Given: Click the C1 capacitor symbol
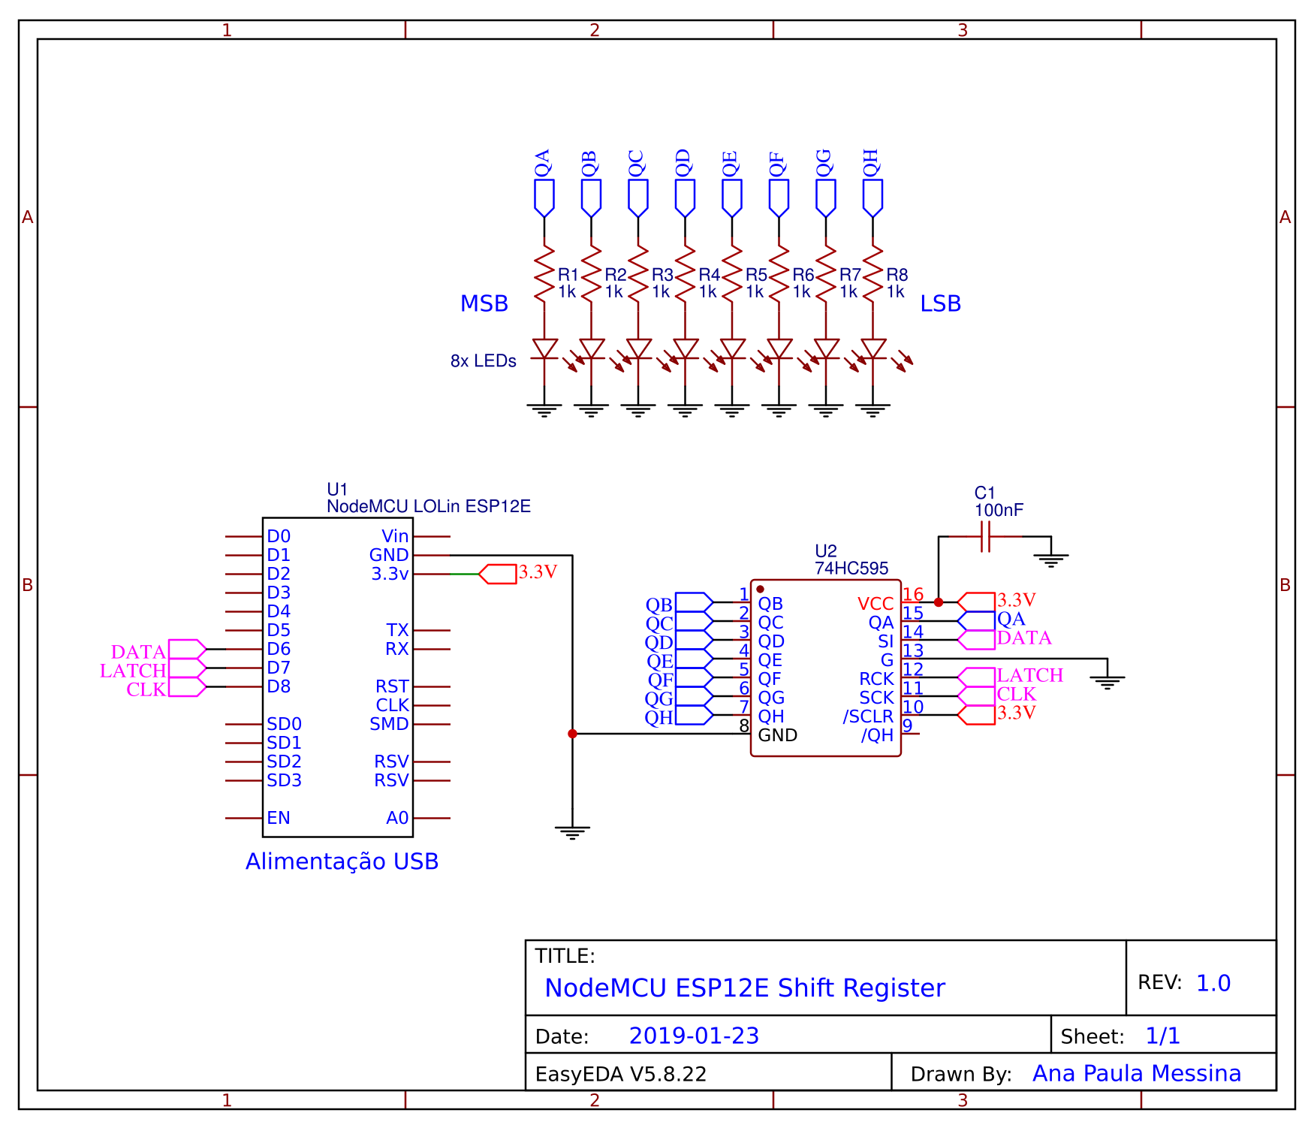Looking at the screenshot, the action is pos(986,537).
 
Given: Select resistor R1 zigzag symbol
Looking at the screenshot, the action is pos(544,274).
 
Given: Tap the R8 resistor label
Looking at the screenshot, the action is pos(897,275).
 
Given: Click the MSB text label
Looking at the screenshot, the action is pos(484,303).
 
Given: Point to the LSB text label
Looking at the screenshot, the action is pos(941,303).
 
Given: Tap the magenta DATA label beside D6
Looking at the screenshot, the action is pos(138,651).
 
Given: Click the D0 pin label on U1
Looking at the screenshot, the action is pos(279,536).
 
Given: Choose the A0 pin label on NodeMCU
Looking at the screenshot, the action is pos(397,818).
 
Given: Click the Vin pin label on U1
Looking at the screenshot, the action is pos(395,536).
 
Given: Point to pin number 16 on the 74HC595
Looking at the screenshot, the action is pos(913,594).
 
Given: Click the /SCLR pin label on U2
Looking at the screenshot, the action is pos(868,716).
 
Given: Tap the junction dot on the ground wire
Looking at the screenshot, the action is pos(572,734).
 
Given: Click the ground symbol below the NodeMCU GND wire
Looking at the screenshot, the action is pos(572,832).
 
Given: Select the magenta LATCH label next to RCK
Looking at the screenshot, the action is pos(1030,675).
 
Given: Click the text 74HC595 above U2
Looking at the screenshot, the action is pos(851,569).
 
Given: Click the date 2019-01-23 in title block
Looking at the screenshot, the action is pos(694,1036).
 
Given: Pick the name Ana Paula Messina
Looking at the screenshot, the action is pos(1137,1073).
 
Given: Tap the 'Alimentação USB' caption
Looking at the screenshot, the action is pos(342,861).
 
